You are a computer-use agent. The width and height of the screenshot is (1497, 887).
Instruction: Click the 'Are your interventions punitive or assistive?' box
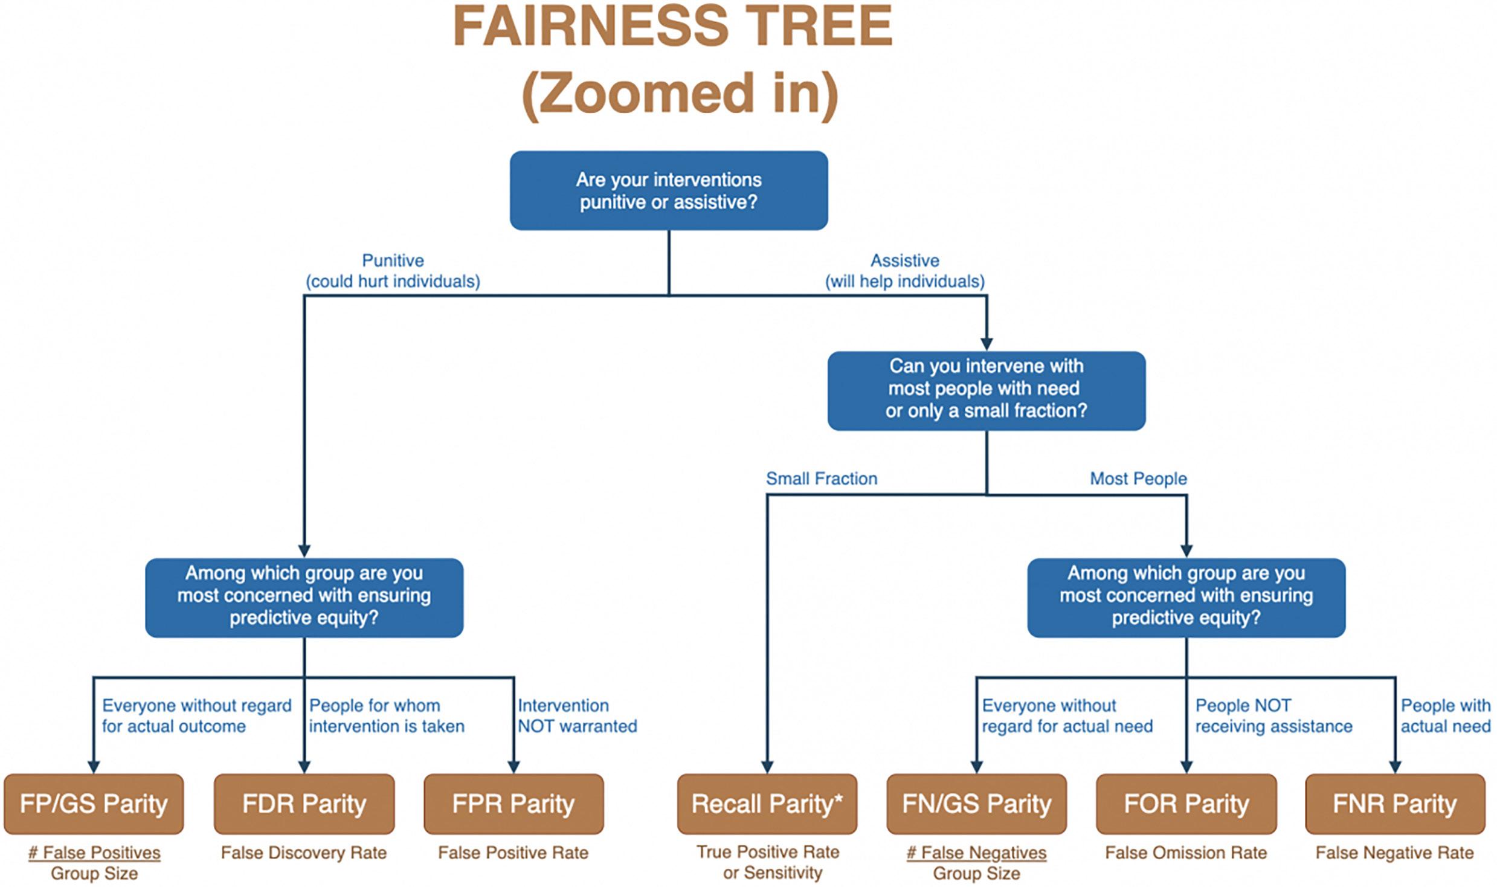(668, 190)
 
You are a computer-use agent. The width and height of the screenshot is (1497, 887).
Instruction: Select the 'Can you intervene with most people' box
(986, 390)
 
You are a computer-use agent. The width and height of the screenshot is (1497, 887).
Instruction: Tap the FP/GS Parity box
(94, 804)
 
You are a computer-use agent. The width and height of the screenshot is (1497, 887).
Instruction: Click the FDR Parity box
(304, 804)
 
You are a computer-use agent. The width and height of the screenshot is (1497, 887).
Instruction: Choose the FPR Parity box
(513, 804)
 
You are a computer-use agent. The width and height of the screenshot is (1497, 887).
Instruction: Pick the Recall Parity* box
(767, 804)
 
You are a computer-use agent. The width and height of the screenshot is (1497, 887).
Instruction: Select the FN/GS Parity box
(976, 804)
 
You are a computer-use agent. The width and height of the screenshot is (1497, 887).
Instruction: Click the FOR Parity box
(1186, 804)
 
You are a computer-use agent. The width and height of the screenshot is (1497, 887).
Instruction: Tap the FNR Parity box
(1395, 804)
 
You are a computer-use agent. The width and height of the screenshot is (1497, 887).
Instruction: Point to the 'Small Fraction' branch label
(822, 479)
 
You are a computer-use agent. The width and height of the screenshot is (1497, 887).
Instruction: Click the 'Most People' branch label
(1138, 479)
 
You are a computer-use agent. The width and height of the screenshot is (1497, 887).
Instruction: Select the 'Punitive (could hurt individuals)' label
(393, 271)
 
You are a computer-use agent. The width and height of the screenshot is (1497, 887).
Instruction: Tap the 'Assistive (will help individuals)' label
(905, 271)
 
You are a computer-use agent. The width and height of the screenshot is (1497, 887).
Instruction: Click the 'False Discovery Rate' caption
(304, 853)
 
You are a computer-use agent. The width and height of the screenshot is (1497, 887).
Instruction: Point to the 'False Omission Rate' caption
(1186, 853)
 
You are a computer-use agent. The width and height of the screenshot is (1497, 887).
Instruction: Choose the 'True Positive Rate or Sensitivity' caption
(768, 862)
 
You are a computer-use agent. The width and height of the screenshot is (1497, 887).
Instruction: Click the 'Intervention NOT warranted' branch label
(577, 715)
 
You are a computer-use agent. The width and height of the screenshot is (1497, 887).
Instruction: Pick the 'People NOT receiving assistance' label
(1273, 715)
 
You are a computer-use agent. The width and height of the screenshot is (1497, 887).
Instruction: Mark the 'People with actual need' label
(1446, 715)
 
